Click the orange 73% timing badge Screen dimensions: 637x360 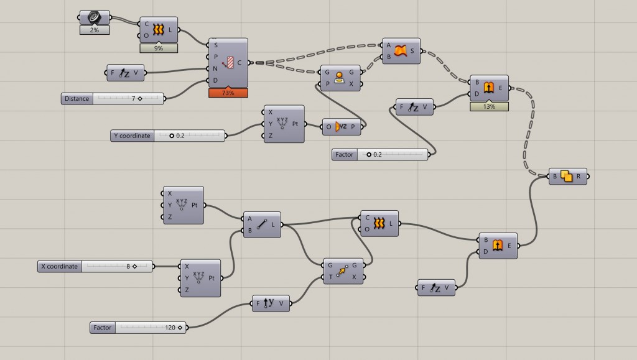click(x=228, y=93)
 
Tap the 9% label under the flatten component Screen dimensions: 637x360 click(x=159, y=48)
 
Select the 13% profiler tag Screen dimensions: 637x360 click(x=489, y=107)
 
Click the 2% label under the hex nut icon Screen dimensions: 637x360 click(x=95, y=30)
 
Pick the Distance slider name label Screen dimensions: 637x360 click(x=77, y=99)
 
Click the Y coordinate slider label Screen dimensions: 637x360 click(x=132, y=136)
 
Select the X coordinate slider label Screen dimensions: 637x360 click(x=59, y=266)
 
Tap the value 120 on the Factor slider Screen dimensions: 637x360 click(x=170, y=328)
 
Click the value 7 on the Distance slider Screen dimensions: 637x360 click(x=133, y=99)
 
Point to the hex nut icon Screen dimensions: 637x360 click(x=95, y=17)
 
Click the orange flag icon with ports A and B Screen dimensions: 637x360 click(x=400, y=51)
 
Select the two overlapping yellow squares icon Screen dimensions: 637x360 click(x=566, y=176)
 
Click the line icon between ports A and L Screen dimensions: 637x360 click(x=262, y=224)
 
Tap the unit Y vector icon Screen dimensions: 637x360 click(x=269, y=303)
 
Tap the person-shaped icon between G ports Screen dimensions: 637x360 click(x=339, y=78)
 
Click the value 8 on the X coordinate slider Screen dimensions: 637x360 click(x=128, y=266)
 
